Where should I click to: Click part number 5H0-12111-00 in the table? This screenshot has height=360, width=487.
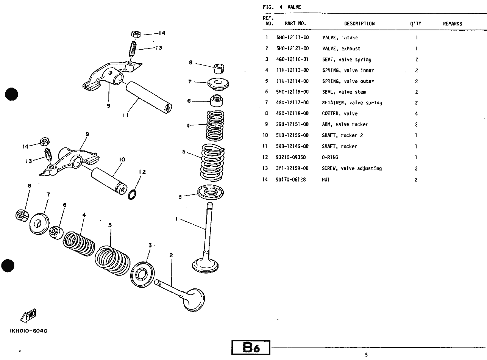point(292,38)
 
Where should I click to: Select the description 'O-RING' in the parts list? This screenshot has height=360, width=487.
point(330,157)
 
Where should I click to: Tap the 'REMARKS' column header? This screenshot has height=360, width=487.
point(452,23)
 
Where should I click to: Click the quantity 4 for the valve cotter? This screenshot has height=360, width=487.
point(416,114)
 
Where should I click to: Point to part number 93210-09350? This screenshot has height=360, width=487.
point(290,157)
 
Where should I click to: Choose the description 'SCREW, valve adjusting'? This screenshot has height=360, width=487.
point(352,168)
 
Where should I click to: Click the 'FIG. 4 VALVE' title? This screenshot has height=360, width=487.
point(282,7)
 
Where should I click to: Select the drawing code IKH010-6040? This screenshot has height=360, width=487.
point(28,331)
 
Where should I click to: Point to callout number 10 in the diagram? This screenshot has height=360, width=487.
point(122,160)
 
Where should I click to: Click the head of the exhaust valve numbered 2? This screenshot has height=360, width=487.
point(194,299)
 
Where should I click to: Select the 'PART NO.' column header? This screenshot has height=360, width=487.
point(295,23)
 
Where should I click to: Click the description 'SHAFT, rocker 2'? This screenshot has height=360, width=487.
point(342,135)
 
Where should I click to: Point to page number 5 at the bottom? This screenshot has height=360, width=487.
point(366,355)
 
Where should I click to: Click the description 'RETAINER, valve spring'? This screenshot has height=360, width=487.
point(352,103)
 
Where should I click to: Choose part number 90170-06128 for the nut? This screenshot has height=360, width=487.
point(291,180)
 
